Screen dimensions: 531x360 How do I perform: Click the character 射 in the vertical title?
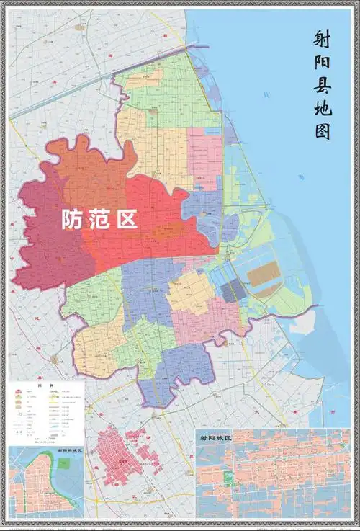(324, 40)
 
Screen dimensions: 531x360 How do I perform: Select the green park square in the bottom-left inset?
(63, 463)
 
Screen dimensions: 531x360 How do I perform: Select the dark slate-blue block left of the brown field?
(233, 290)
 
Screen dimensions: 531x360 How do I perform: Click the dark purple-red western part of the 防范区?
(43, 245)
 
